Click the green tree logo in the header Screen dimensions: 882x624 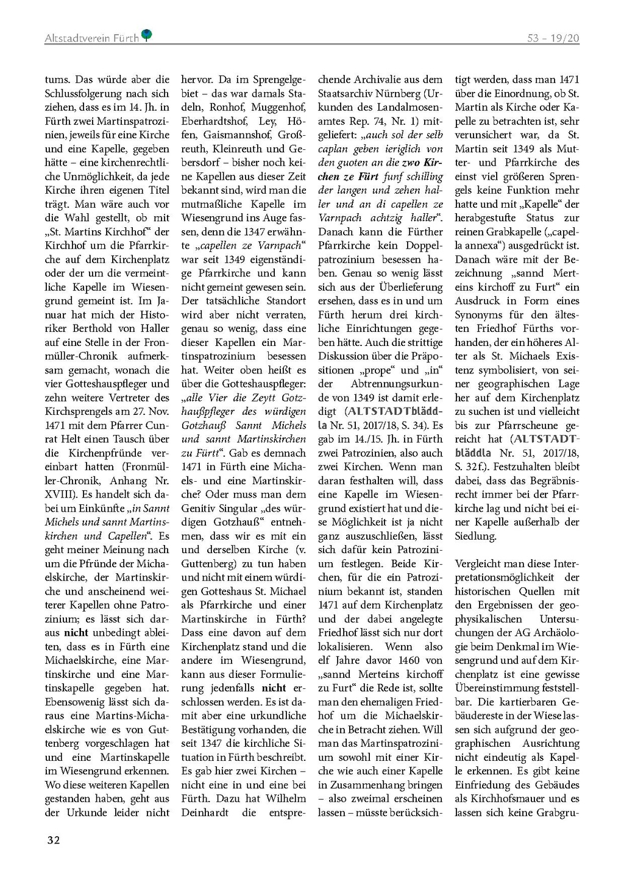click(x=146, y=36)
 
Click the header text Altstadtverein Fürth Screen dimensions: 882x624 click(x=91, y=38)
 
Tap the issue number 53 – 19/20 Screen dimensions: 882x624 click(x=553, y=38)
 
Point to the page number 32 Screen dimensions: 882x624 click(x=54, y=841)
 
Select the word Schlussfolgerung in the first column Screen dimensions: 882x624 click(x=82, y=93)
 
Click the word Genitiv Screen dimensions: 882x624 click(x=200, y=508)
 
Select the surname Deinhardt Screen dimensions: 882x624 click(x=205, y=812)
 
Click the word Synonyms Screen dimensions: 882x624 click(x=478, y=314)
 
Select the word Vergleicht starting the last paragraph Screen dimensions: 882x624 click(x=480, y=563)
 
